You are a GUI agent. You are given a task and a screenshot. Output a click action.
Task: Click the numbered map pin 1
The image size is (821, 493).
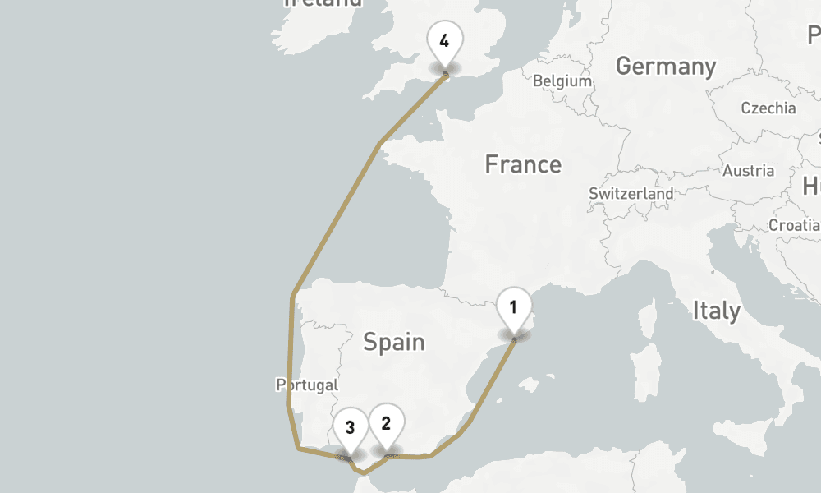point(513,309)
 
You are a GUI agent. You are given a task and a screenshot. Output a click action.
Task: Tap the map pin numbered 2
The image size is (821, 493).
point(386,424)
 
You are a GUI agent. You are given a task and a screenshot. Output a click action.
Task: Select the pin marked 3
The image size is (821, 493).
point(350,427)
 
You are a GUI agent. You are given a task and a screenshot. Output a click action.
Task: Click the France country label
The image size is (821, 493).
point(523,164)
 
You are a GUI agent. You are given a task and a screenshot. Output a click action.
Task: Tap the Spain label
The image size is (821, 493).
point(394,341)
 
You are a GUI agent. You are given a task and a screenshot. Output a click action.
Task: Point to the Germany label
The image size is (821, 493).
point(665,66)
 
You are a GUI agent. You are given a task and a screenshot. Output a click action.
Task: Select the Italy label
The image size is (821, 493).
point(716,311)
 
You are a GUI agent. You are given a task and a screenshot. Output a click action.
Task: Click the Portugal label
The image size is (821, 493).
point(307,385)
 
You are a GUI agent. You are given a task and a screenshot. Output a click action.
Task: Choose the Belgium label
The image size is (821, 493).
point(562,81)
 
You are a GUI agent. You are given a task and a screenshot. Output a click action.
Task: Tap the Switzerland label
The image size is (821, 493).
point(631,194)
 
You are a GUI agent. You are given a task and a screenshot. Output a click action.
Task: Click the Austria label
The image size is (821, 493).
point(748,171)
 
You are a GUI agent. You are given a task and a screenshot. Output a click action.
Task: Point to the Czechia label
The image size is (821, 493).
point(768,108)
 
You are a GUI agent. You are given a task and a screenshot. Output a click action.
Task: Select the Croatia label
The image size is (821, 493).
point(793,225)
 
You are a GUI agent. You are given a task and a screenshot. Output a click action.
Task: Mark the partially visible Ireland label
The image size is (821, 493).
point(322,3)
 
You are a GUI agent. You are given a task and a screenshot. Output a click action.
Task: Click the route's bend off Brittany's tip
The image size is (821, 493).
point(378,145)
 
